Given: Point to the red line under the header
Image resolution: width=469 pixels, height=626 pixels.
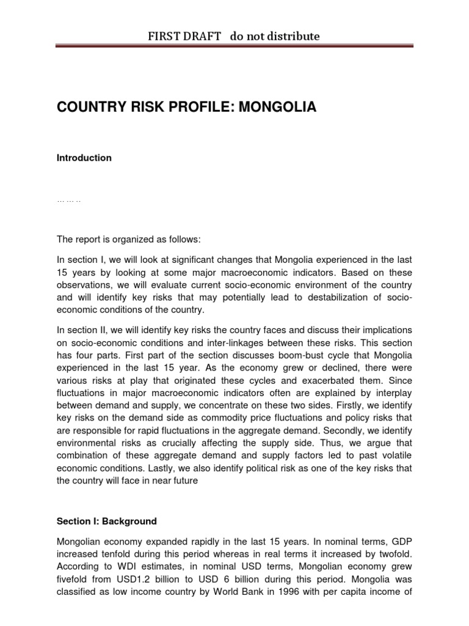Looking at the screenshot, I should click(x=234, y=46).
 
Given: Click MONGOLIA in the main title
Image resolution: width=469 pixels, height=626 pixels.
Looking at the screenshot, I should click(x=278, y=108).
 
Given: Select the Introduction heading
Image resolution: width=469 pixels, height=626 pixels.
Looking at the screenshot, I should click(x=84, y=158).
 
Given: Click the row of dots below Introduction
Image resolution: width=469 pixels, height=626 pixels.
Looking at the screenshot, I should click(x=68, y=201).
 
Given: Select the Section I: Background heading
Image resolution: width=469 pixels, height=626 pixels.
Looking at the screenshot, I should click(x=106, y=521).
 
